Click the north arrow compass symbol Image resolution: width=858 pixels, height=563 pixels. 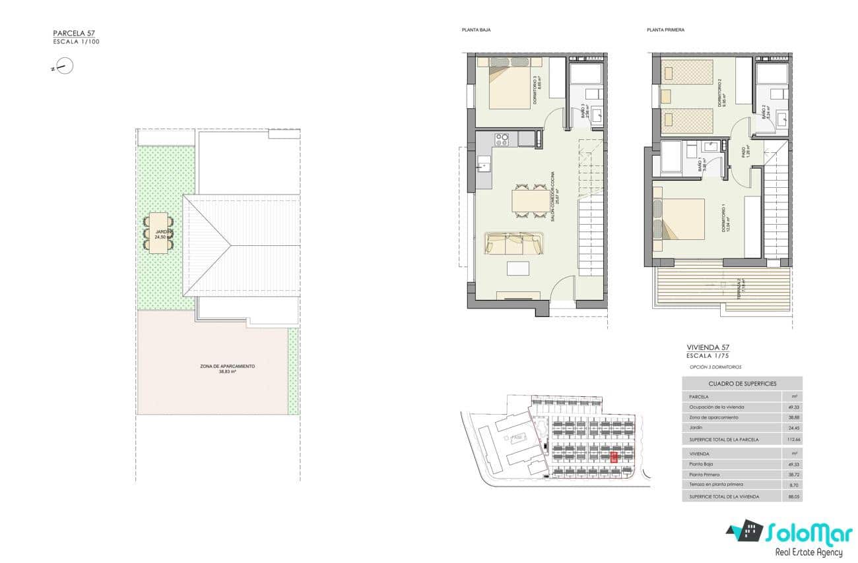pos(64,66)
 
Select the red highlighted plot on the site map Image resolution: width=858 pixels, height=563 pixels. pos(615,456)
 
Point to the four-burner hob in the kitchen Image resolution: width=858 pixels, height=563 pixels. pos(502,139)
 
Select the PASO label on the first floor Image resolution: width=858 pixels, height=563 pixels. pos(742,152)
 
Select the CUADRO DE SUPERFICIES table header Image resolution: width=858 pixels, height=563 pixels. pos(742,383)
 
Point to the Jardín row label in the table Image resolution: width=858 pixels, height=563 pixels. pos(696,428)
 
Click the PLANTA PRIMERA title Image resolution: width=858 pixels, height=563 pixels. pos(665,30)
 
